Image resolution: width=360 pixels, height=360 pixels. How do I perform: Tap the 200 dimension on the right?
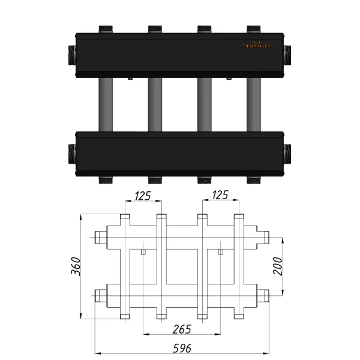tap(278, 265)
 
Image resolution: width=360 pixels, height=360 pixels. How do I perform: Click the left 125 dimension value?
tap(142, 195)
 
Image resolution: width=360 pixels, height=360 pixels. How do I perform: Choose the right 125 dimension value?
tap(220, 195)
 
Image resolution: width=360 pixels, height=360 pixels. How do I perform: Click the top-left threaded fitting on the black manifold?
tap(106, 28)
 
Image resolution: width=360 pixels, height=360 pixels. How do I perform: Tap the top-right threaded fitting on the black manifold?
tap(254, 28)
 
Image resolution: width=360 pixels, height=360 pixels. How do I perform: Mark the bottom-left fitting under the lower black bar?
tap(106, 179)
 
